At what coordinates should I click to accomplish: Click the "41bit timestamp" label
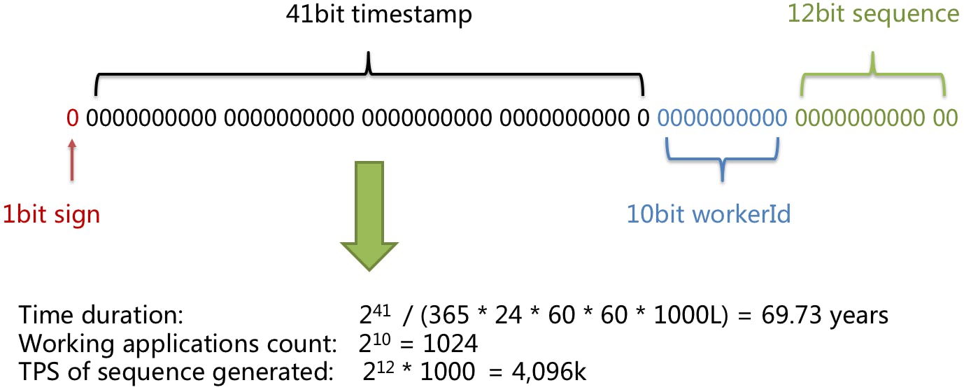378,15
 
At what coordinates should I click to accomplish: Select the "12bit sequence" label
873,15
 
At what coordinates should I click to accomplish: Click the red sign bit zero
71,118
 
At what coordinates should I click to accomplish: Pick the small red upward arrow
71,160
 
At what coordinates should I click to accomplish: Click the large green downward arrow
369,214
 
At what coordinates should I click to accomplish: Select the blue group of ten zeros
722,118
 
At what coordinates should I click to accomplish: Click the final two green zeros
947,118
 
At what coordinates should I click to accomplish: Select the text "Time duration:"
101,316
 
